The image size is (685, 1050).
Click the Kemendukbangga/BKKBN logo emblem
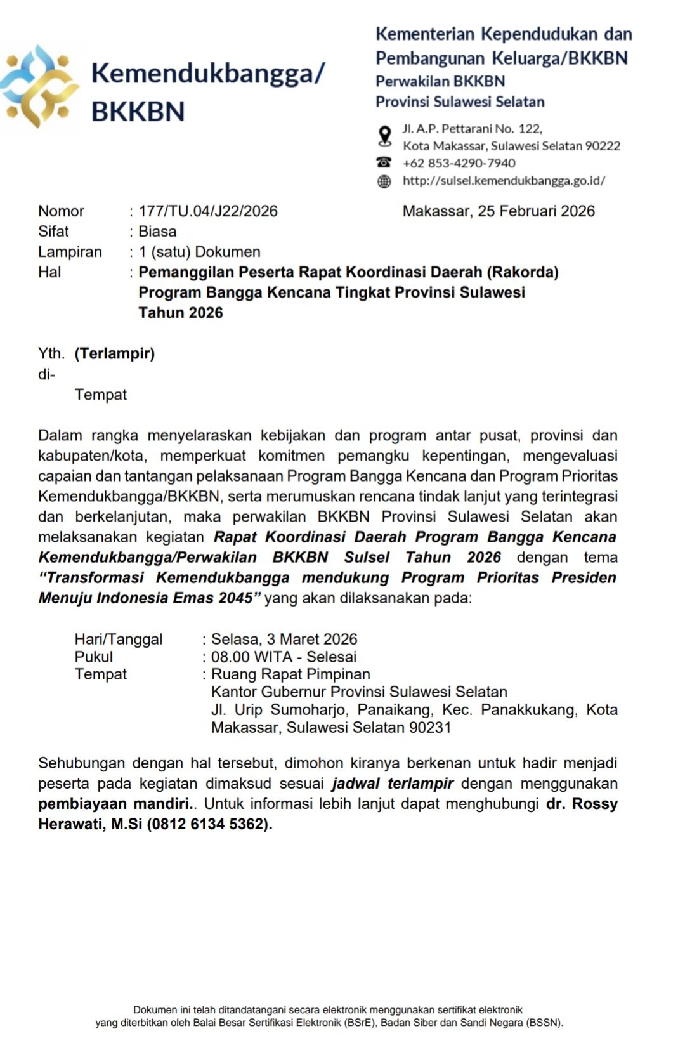pos(39,87)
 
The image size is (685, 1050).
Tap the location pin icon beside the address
pos(384,136)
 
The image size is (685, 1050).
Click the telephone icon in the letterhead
pos(384,162)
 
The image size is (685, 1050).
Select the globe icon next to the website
pos(384,181)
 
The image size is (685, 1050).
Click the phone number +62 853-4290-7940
pos(459,163)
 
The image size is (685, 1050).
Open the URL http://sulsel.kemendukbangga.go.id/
pos(504,181)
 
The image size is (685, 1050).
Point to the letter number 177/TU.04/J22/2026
pos(208,211)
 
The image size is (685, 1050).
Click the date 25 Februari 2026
pos(536,211)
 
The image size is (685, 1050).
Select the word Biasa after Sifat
pos(157,232)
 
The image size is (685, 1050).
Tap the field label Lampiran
pos(70,252)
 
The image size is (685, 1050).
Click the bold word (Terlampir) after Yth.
pos(115,353)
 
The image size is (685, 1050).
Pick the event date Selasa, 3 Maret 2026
pos(284,639)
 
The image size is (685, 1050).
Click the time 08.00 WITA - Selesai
pos(284,657)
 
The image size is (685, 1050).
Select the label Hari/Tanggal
pos(119,639)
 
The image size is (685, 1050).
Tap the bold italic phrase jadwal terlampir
pos(393,784)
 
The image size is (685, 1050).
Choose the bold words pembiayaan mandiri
pos(114,804)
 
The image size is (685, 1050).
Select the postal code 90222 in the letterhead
pos(603,146)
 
